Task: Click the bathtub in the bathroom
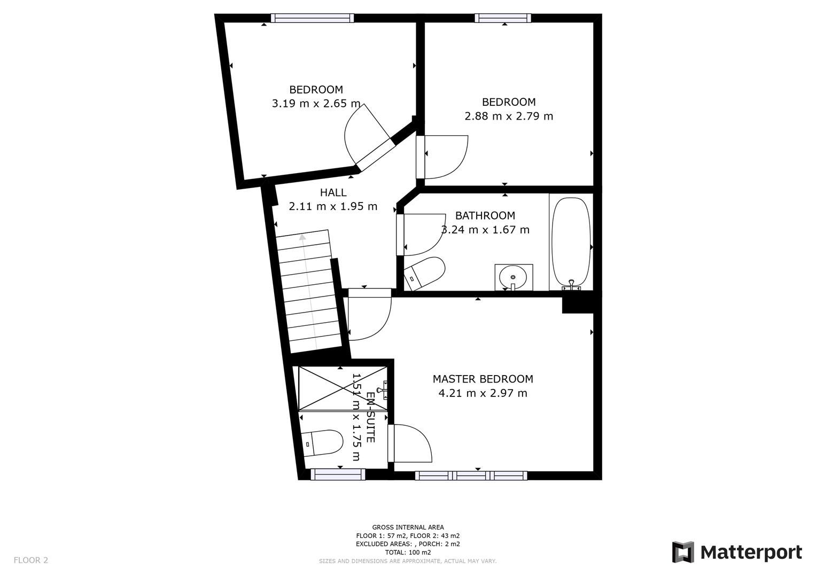[x=571, y=243]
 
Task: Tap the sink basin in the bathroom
[x=513, y=277]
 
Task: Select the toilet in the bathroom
[x=425, y=273]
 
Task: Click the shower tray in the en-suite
[x=343, y=388]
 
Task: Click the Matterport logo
[x=737, y=552]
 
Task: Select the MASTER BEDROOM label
[x=483, y=379]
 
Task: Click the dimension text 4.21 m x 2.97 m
[x=483, y=394]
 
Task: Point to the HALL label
[x=333, y=192]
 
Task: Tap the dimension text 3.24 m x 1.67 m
[x=485, y=230]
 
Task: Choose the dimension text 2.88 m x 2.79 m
[x=509, y=116]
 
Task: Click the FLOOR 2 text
[x=31, y=560]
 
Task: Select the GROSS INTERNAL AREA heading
[x=408, y=527]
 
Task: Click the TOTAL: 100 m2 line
[x=408, y=552]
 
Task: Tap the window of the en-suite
[x=338, y=474]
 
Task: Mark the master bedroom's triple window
[x=471, y=475]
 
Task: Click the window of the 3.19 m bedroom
[x=313, y=18]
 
